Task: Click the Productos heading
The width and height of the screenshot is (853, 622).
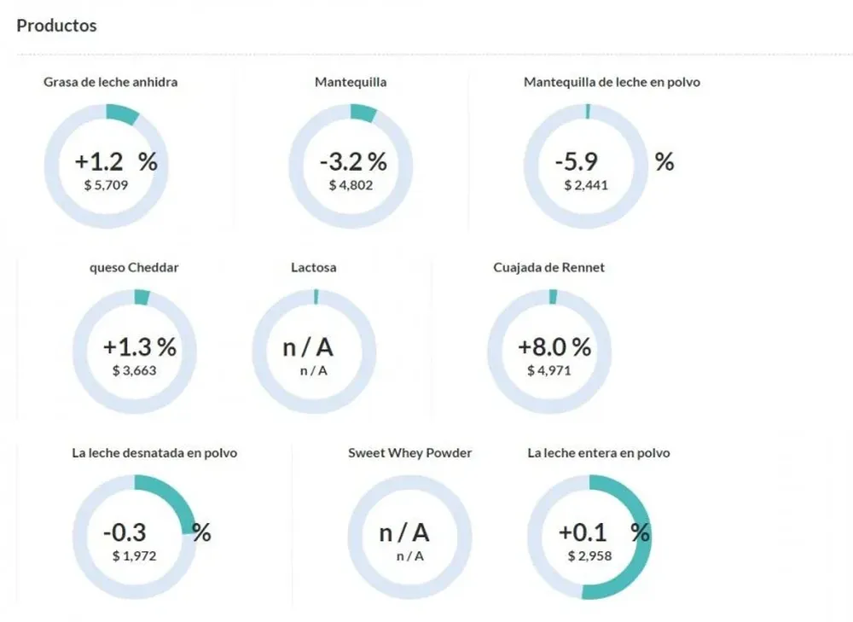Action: click(x=56, y=26)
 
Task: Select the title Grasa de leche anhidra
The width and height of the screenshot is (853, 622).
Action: click(x=110, y=82)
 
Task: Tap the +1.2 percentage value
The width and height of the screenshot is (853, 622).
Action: click(x=99, y=162)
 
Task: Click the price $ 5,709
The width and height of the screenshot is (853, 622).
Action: click(x=107, y=184)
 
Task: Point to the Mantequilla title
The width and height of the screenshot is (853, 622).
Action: click(x=351, y=82)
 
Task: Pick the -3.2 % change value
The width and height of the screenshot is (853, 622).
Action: click(x=353, y=161)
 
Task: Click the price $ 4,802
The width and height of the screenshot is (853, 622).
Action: click(x=351, y=184)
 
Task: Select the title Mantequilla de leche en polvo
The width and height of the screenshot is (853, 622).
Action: click(x=612, y=82)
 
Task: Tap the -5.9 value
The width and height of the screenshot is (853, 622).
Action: click(x=577, y=162)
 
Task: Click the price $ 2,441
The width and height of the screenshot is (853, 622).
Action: click(x=585, y=184)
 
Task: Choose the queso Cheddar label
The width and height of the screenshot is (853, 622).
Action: click(x=134, y=267)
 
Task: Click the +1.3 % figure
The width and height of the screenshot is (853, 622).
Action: click(x=139, y=347)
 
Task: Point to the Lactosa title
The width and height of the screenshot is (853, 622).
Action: click(x=314, y=267)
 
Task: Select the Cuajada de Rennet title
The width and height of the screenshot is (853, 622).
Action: click(x=548, y=267)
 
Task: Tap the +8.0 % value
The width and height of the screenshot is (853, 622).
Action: click(x=554, y=347)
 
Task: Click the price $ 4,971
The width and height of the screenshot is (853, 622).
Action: click(x=548, y=370)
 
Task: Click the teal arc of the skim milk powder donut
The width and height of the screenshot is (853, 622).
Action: click(x=175, y=503)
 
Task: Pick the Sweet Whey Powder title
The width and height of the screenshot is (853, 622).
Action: click(x=409, y=453)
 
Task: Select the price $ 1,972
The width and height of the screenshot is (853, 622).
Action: click(x=134, y=556)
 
